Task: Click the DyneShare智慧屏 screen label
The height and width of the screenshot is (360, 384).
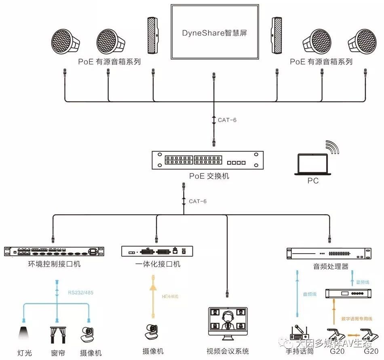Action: (x=214, y=33)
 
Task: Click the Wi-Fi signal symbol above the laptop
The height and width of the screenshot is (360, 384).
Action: (x=332, y=147)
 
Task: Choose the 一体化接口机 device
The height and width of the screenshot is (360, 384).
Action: (x=157, y=251)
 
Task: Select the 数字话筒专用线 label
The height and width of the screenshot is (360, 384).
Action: (x=356, y=318)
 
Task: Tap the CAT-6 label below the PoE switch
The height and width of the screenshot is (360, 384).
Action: (x=197, y=201)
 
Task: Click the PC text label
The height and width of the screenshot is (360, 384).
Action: (x=313, y=181)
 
